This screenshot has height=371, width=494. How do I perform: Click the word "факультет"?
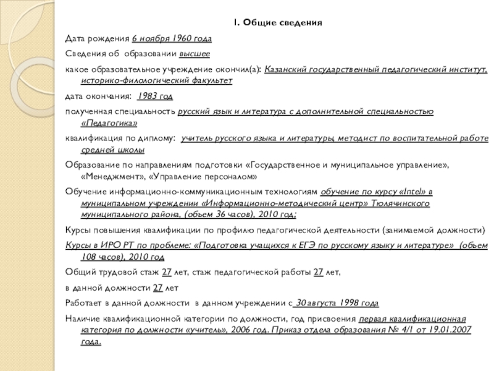pos(212,80)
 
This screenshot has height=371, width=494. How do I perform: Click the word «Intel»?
pos(411,192)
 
